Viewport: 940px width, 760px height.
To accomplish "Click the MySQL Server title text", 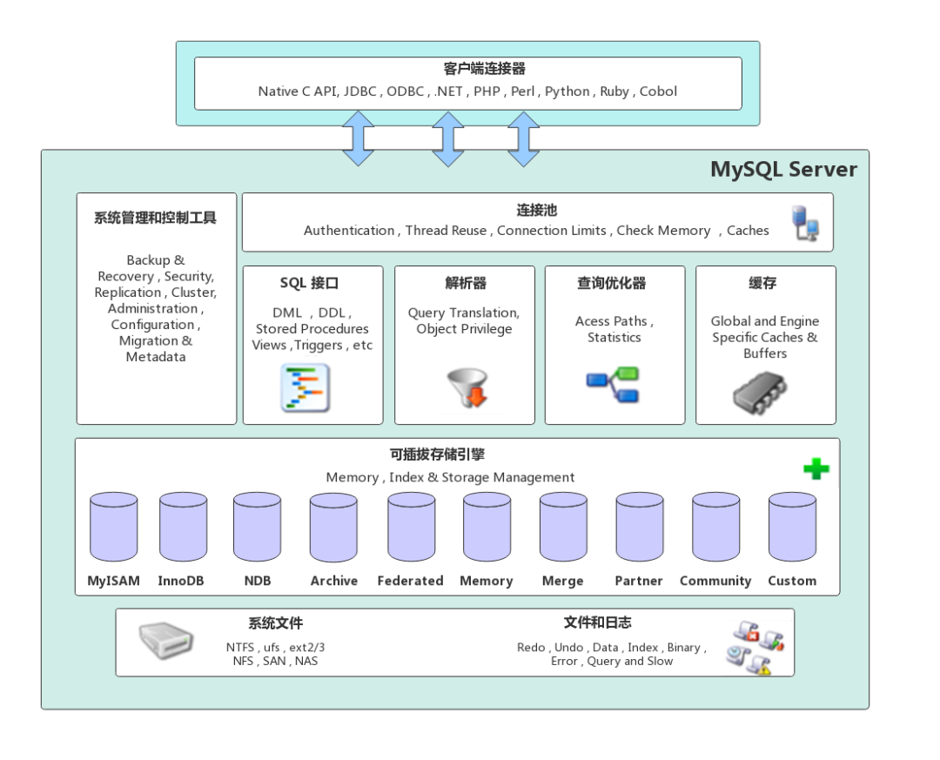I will (x=783, y=169).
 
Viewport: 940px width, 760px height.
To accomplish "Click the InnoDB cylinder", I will (x=183, y=528).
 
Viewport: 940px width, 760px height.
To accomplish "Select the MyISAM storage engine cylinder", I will (x=113, y=528).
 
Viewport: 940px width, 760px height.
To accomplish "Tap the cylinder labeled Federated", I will (x=411, y=528).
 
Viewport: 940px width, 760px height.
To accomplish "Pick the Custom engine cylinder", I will (x=792, y=528).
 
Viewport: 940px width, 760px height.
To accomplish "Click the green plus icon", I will (x=816, y=469).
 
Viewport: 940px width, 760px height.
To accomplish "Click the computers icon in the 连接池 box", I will (x=805, y=223).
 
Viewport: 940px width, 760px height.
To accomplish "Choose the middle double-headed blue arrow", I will (x=448, y=139).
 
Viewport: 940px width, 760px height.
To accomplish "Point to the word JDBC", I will (x=360, y=91).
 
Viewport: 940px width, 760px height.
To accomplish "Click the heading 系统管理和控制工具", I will (x=155, y=219).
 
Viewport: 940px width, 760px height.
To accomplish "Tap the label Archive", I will (x=334, y=581).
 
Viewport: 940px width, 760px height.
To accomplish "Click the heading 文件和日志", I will (x=597, y=622).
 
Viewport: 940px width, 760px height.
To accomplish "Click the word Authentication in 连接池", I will (x=348, y=231).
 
